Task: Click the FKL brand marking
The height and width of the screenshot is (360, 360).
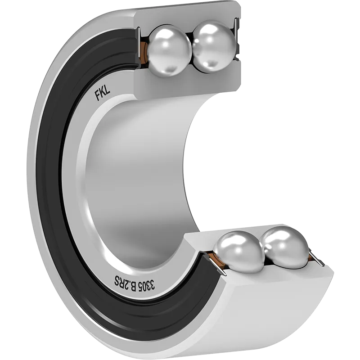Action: coord(103,94)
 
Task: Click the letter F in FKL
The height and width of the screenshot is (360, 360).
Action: coord(98,96)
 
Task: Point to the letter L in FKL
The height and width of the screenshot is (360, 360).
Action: coord(108,91)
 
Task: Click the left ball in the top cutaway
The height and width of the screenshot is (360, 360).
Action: coord(169,50)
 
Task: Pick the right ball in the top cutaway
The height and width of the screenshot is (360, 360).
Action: coord(214,46)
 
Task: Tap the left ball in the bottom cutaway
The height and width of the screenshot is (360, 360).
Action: coord(239,252)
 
